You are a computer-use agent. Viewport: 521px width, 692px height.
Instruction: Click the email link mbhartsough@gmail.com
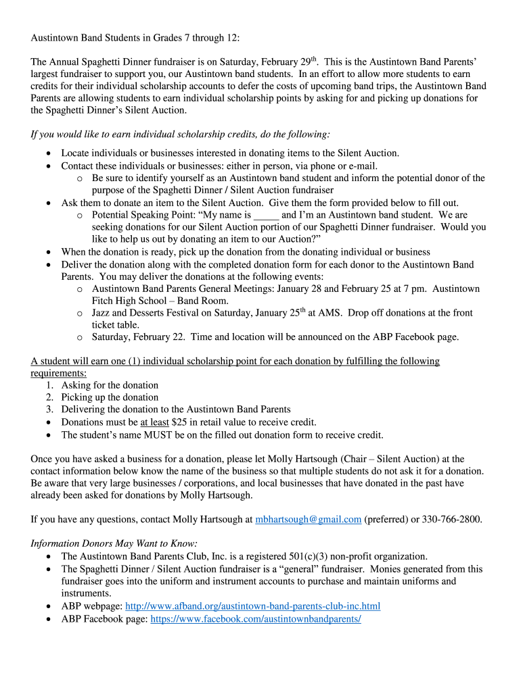point(308,520)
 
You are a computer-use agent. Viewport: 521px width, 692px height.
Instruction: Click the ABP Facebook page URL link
point(256,618)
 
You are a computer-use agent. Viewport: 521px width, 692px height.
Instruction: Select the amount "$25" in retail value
point(179,422)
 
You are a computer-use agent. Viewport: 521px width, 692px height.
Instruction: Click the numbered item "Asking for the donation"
point(110,385)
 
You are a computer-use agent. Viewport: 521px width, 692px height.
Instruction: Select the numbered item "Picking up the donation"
point(110,397)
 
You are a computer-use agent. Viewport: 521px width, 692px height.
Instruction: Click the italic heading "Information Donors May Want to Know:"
point(114,543)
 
